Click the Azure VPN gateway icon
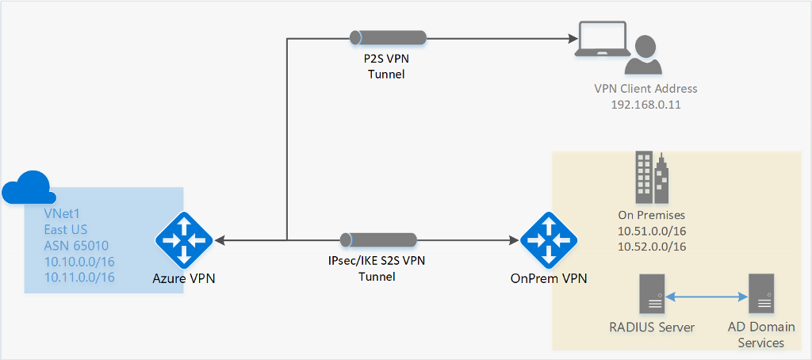(183, 239)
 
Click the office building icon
(651, 177)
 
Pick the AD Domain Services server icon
(761, 294)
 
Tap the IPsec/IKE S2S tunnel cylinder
(379, 239)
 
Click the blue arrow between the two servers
(706, 298)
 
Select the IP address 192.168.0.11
(645, 105)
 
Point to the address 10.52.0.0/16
(651, 247)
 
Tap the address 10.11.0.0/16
(80, 277)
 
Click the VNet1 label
(62, 213)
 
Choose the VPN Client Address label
(645, 89)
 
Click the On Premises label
(651, 215)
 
